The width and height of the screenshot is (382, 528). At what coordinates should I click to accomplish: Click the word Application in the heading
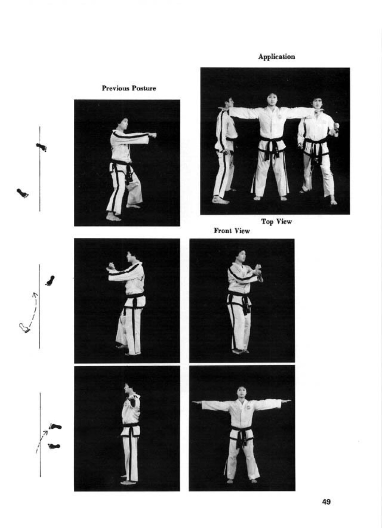(276, 57)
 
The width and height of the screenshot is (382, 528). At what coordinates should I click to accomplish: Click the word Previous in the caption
(116, 88)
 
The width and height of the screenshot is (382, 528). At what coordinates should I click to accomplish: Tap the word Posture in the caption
(144, 88)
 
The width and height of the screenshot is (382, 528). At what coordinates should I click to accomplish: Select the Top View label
(276, 221)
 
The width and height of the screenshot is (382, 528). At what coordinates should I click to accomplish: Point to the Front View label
(232, 231)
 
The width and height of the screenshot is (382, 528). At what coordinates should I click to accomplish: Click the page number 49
(327, 502)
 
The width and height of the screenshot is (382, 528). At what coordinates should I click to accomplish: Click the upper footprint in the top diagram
(41, 147)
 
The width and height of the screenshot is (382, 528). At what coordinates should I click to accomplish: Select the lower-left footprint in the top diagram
(23, 193)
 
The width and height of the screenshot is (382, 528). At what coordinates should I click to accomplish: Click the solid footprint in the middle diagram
(50, 280)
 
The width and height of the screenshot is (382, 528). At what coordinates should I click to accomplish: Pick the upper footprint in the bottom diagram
(55, 426)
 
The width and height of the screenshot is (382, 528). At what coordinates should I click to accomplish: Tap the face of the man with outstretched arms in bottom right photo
(242, 392)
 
